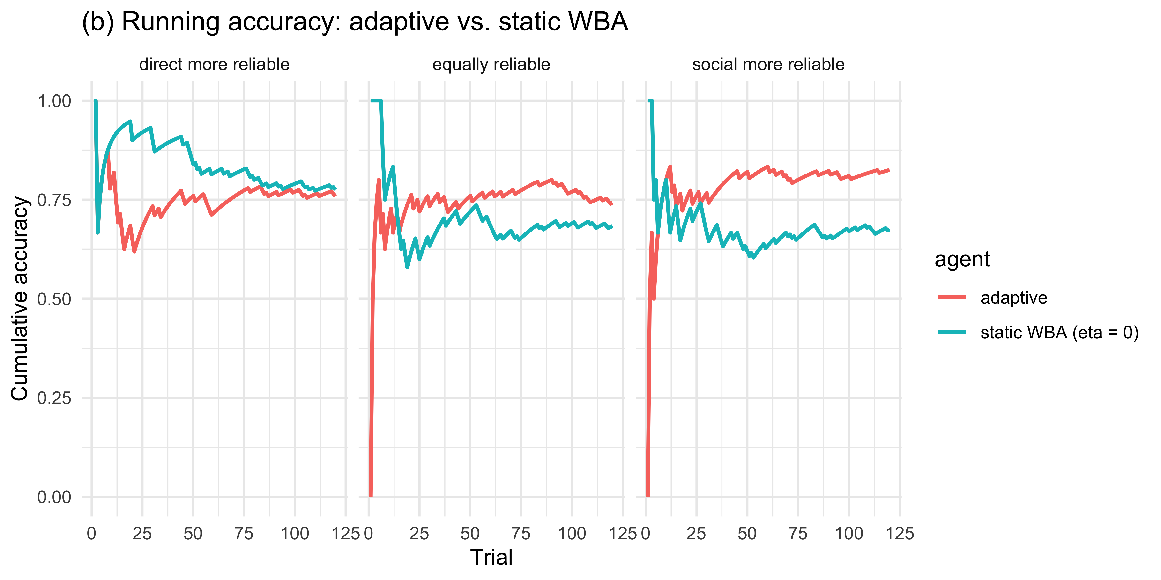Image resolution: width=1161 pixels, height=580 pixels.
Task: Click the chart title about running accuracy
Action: coord(354,22)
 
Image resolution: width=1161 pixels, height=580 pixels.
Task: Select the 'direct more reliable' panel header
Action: coord(214,64)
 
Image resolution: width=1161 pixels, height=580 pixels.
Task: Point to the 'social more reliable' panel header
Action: coord(768,64)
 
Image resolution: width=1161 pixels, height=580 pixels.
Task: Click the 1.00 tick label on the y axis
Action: coord(54,101)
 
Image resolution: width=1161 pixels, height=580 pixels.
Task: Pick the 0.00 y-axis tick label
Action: coord(54,497)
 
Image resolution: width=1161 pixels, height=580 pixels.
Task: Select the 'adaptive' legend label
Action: coord(1014,298)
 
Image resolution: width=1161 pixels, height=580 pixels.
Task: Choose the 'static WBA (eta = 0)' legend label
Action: coord(1059,332)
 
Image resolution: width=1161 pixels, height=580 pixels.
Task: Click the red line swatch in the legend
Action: coord(952,297)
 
